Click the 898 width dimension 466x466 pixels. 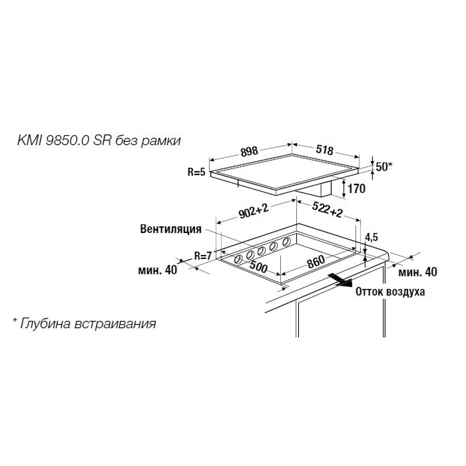click(x=249, y=151)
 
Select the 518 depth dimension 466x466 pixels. click(x=324, y=150)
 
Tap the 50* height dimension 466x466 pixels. click(x=384, y=166)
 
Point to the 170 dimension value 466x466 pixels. click(x=356, y=188)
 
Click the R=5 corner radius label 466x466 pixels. click(x=196, y=172)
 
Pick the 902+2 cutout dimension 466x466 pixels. click(x=254, y=211)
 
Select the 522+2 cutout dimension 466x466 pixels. click(x=328, y=209)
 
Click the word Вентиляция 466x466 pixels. click(x=170, y=229)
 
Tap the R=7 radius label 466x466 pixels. click(x=202, y=255)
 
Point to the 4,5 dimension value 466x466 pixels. click(x=371, y=237)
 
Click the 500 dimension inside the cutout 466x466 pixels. click(x=258, y=266)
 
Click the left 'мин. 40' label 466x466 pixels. click(x=158, y=270)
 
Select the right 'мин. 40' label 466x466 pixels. click(x=417, y=272)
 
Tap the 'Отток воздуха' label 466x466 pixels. click(x=390, y=292)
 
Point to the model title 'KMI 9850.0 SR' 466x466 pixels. click(x=64, y=140)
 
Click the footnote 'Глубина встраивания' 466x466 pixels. click(x=88, y=324)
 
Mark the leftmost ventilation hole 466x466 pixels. click(x=238, y=259)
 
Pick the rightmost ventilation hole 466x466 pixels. click(x=286, y=242)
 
